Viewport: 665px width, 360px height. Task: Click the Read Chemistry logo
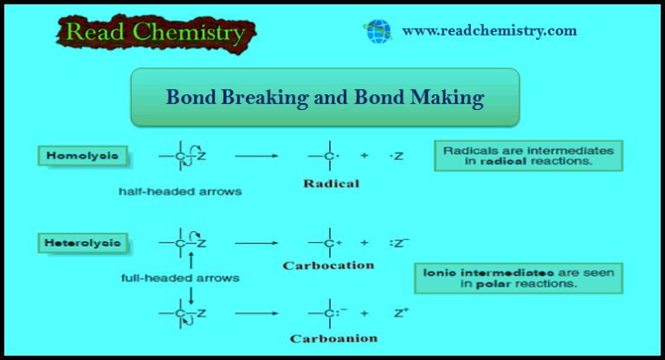click(x=154, y=32)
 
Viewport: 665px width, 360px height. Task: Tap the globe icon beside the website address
click(x=378, y=32)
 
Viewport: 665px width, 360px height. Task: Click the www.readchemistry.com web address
click(x=489, y=31)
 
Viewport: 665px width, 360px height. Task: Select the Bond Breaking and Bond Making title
click(x=324, y=97)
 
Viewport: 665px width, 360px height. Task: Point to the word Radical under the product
click(x=332, y=183)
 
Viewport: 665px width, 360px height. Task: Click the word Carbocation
click(x=328, y=266)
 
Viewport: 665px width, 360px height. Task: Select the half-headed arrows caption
click(x=180, y=191)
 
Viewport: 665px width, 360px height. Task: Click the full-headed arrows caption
click(x=180, y=279)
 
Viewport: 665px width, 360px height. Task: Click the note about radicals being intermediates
click(x=528, y=156)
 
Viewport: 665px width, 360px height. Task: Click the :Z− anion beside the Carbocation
click(x=400, y=242)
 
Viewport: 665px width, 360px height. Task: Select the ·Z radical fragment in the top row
click(x=397, y=157)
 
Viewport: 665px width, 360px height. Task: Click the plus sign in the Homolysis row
click(x=365, y=157)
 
